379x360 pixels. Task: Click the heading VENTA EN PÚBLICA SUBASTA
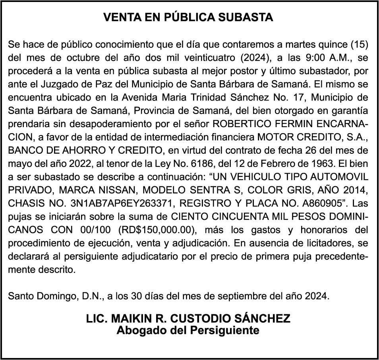click(x=188, y=17)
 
